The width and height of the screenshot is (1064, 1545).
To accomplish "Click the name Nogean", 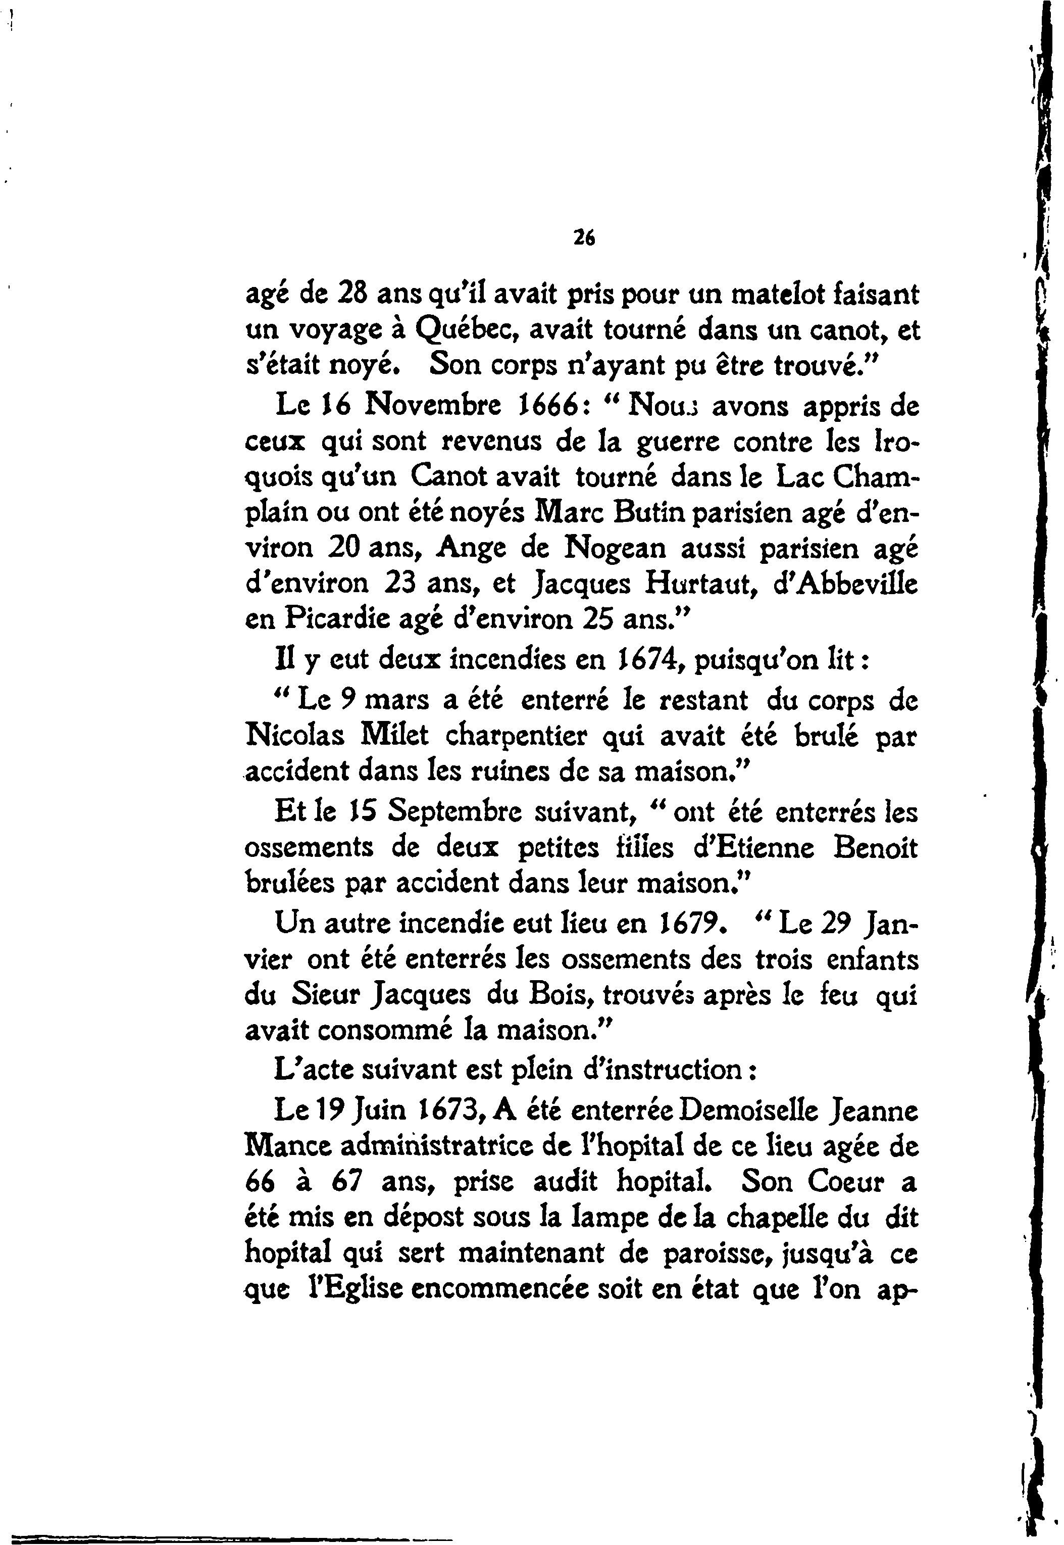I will [615, 548].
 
